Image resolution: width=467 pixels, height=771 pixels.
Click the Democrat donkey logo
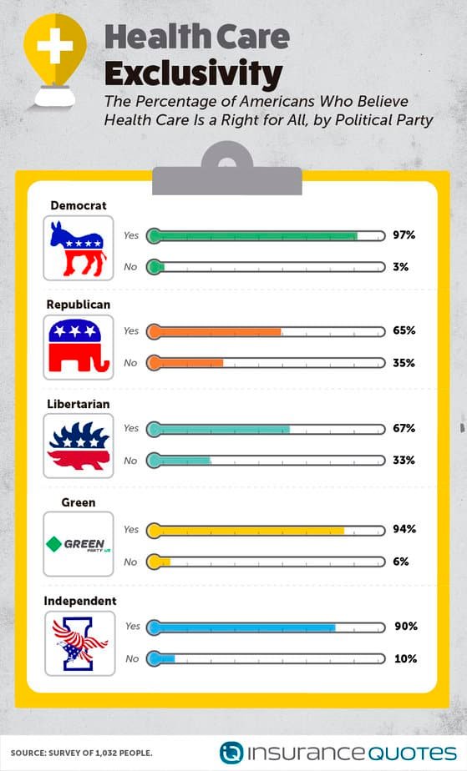point(78,249)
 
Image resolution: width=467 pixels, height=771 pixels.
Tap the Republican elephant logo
point(79,346)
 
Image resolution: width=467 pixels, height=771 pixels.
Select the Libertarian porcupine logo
point(79,446)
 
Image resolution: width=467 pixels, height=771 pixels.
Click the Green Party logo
point(79,545)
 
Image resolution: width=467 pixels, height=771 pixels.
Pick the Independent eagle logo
point(79,643)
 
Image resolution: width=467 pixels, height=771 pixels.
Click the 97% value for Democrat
point(404,235)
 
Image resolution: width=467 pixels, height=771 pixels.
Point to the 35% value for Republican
point(404,363)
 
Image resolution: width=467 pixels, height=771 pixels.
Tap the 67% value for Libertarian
point(404,428)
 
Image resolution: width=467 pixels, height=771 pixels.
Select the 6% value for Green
point(400,562)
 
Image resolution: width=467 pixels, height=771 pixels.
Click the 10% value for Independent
point(406,658)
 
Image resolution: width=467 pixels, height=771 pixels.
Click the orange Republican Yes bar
point(214,331)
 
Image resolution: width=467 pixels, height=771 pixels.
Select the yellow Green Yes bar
point(246,531)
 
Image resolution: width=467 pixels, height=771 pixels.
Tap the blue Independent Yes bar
point(241,627)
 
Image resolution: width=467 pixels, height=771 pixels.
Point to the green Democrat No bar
point(155,266)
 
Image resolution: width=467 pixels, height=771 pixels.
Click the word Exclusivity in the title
point(193,73)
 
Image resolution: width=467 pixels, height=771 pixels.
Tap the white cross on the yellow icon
point(54,46)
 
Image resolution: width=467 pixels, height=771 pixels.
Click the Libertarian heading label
point(79,404)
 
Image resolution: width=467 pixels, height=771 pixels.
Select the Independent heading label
point(80,601)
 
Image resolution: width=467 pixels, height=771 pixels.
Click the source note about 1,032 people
point(82,753)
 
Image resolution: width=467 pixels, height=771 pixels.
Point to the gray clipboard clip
point(227,169)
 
